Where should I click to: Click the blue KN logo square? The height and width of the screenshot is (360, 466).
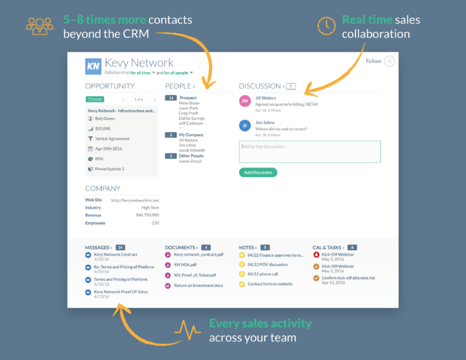pyautogui.click(x=93, y=66)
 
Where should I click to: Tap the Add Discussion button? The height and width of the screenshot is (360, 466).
pyautogui.click(x=258, y=172)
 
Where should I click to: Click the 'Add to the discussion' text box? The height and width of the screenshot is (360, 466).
pyautogui.click(x=310, y=151)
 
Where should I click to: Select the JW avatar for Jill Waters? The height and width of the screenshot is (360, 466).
pyautogui.click(x=245, y=100)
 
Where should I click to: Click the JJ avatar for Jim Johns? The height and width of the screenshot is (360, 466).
pyautogui.click(x=245, y=125)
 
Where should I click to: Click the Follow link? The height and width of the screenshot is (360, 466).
pyautogui.click(x=373, y=61)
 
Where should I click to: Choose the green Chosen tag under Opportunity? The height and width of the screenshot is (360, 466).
pyautogui.click(x=95, y=99)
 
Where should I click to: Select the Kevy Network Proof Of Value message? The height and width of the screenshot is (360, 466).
pyautogui.click(x=120, y=291)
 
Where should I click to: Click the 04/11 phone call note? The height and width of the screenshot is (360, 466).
pyautogui.click(x=263, y=274)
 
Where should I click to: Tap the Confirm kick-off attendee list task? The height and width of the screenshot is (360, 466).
pyautogui.click(x=348, y=277)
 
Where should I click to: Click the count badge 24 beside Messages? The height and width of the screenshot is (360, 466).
pyautogui.click(x=120, y=247)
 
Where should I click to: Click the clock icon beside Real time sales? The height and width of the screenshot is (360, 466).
pyautogui.click(x=326, y=25)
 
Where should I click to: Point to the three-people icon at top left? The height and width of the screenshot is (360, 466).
pyautogui.click(x=39, y=25)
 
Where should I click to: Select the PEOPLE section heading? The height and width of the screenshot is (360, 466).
pyautogui.click(x=180, y=86)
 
